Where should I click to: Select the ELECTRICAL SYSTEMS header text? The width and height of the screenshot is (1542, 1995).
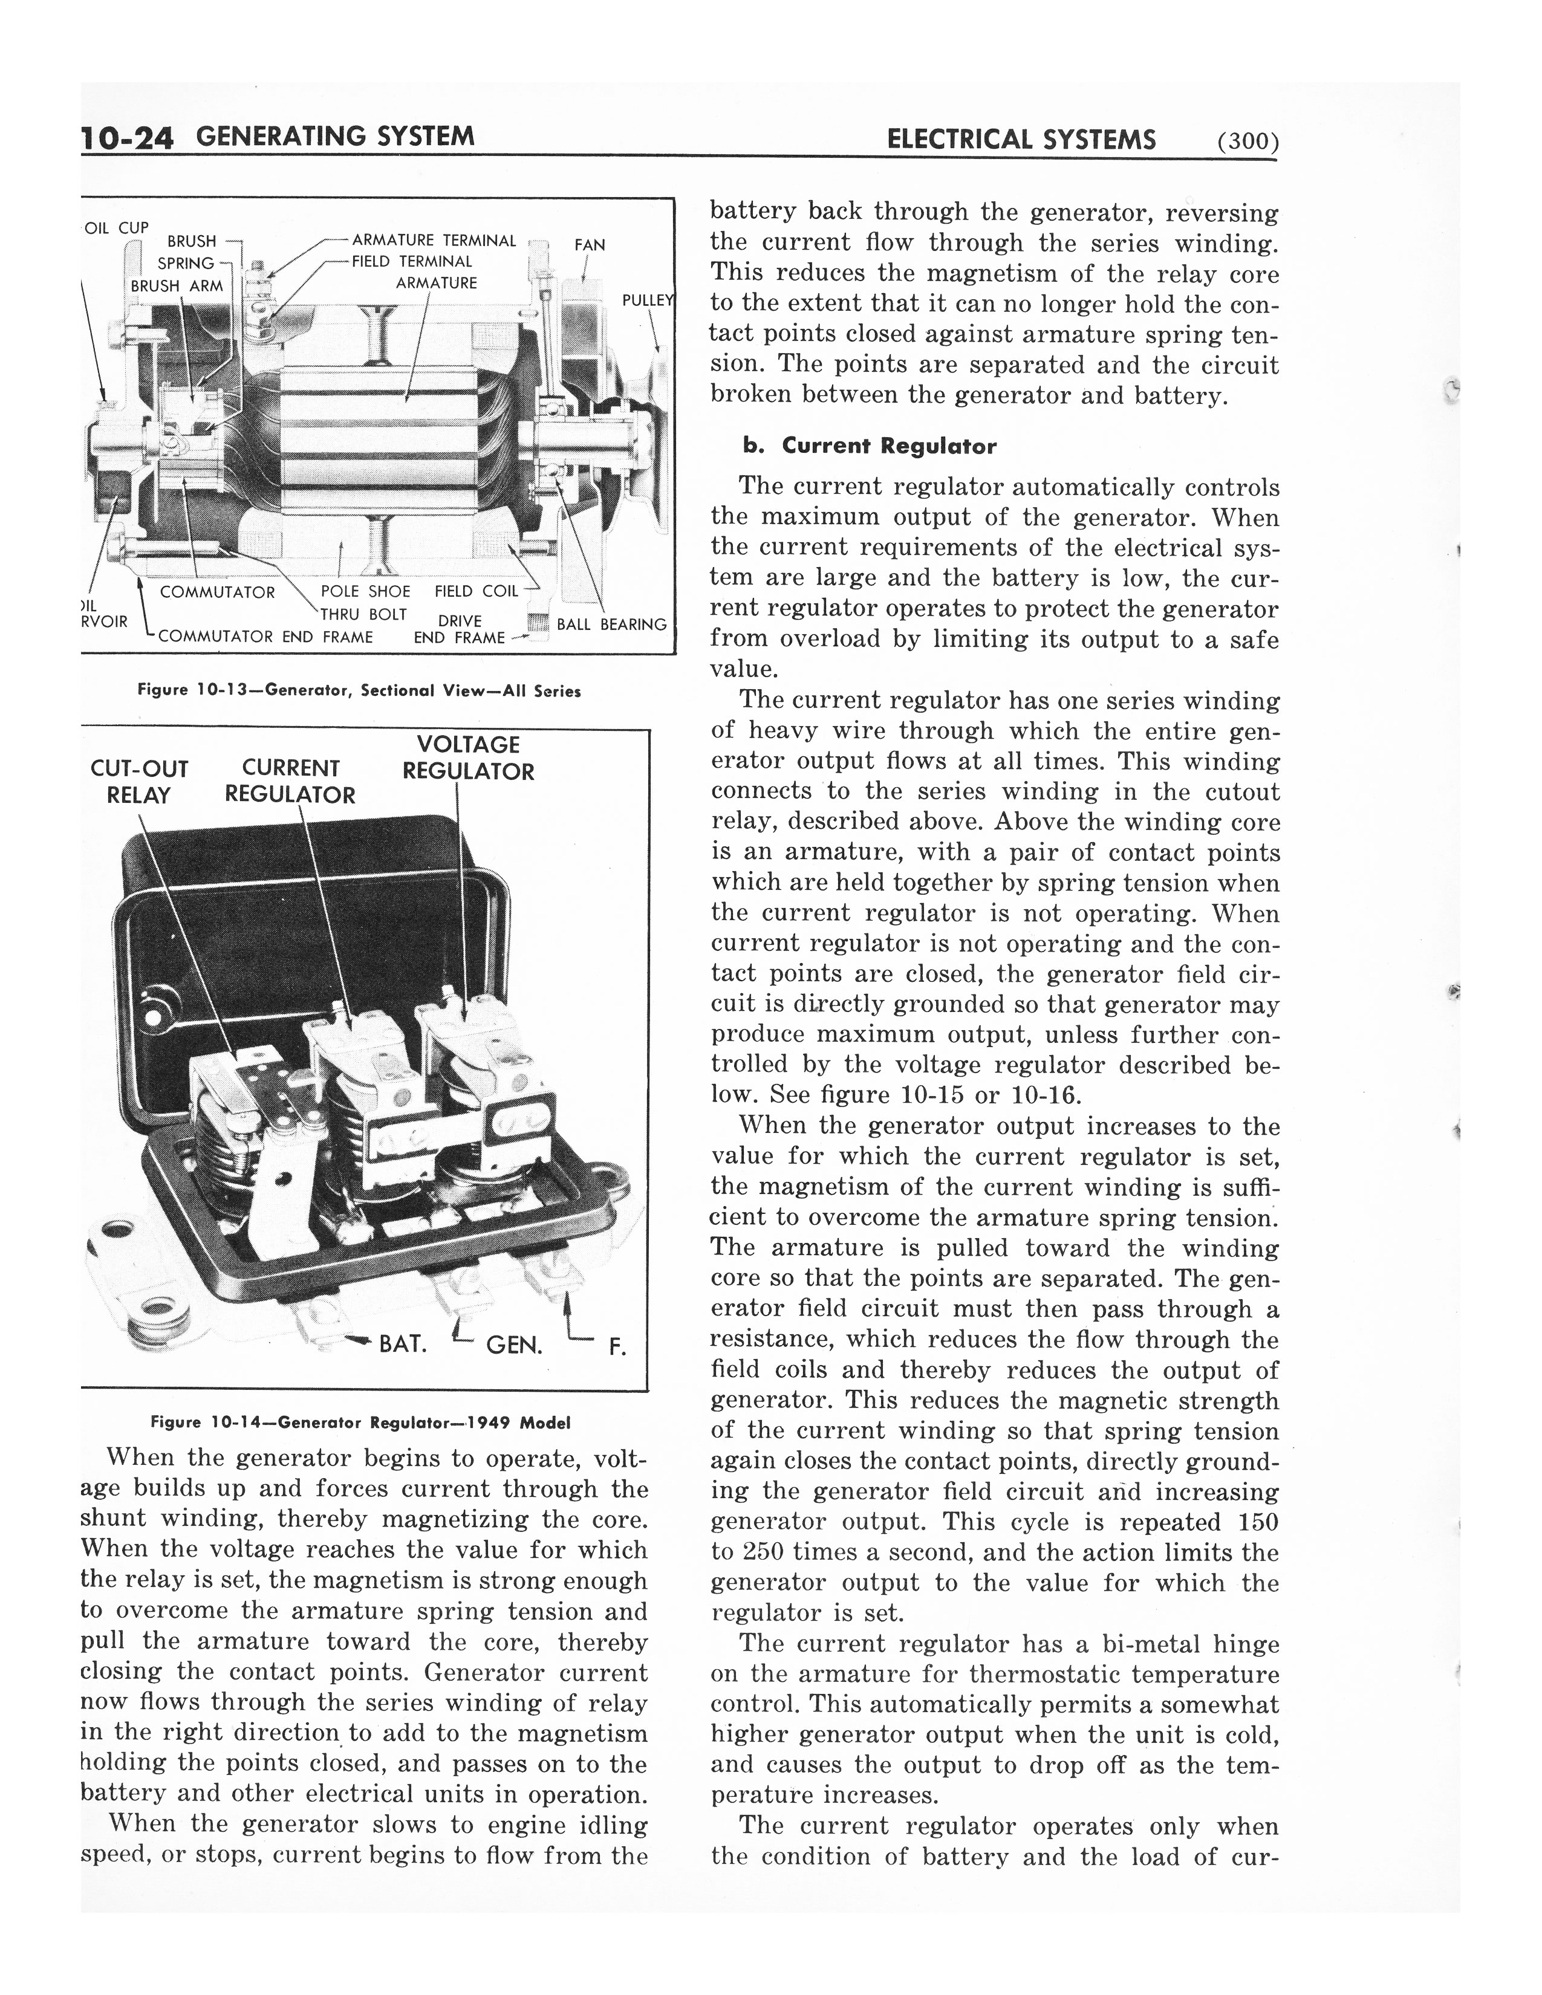pyautogui.click(x=1020, y=140)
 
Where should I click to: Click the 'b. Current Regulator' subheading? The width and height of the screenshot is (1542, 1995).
pyautogui.click(x=869, y=447)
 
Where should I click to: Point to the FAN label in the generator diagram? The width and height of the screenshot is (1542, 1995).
pyautogui.click(x=589, y=245)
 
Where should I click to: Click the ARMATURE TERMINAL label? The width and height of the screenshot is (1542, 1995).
pyautogui.click(x=434, y=241)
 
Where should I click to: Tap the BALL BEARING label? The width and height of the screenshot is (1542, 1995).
pyautogui.click(x=612, y=625)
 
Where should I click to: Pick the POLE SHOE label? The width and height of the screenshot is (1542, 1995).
pyautogui.click(x=365, y=592)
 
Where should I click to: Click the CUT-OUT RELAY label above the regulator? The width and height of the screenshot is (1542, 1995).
pyautogui.click(x=139, y=782)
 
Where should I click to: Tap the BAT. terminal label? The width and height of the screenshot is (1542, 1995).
pyautogui.click(x=403, y=1344)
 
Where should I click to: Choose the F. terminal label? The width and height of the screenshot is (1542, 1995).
pyautogui.click(x=617, y=1348)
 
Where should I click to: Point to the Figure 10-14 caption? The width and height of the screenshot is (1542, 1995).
pyautogui.click(x=360, y=1422)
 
